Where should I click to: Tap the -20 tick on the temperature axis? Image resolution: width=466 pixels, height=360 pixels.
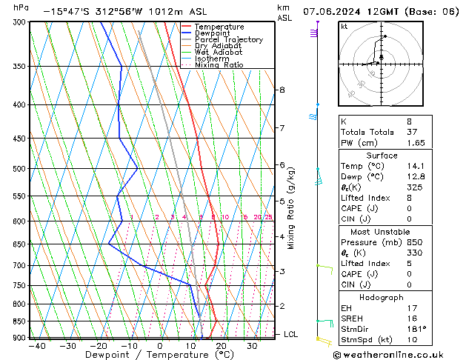(x=98, y=345)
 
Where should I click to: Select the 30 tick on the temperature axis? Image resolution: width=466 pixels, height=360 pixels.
(x=252, y=345)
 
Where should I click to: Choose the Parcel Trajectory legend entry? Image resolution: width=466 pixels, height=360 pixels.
(x=228, y=40)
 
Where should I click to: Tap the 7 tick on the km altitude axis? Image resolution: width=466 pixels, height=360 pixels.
(x=282, y=128)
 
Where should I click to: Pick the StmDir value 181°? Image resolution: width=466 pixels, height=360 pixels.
(x=416, y=329)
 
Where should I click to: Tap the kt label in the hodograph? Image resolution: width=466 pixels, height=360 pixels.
(x=344, y=27)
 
